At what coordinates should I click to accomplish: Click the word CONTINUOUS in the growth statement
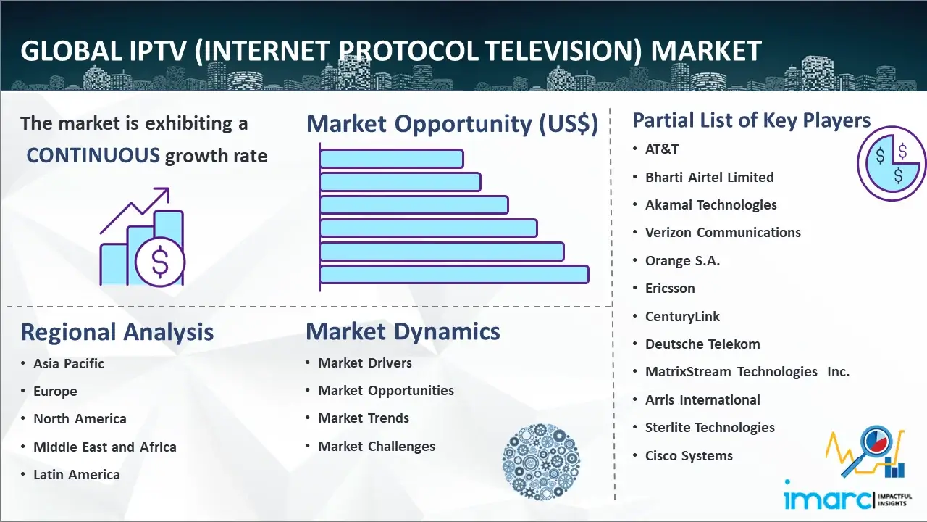tap(93, 156)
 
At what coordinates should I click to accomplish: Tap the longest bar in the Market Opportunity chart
tap(454, 275)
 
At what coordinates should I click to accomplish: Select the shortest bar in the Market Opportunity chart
tap(392, 159)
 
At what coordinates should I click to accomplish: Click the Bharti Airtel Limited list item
tap(709, 178)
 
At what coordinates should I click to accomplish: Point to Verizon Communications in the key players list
tap(723, 233)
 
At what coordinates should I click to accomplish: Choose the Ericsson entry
tap(670, 289)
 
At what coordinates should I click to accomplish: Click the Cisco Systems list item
tap(689, 456)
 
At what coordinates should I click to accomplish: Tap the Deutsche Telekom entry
tap(702, 344)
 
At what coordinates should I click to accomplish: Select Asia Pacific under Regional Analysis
tap(69, 363)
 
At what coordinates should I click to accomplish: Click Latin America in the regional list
tap(77, 474)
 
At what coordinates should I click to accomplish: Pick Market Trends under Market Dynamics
tap(364, 418)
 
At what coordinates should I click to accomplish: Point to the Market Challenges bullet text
tap(377, 446)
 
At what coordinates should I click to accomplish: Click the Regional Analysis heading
tap(117, 332)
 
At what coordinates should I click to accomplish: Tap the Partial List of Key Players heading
tap(752, 120)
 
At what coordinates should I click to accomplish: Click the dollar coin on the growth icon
tap(160, 262)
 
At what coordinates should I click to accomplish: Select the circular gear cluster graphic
tap(541, 462)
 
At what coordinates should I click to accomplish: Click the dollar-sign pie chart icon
tap(892, 164)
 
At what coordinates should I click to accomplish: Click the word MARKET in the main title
tap(705, 51)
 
